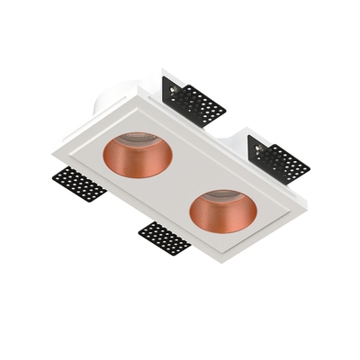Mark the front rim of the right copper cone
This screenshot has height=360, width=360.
coord(222,224)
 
